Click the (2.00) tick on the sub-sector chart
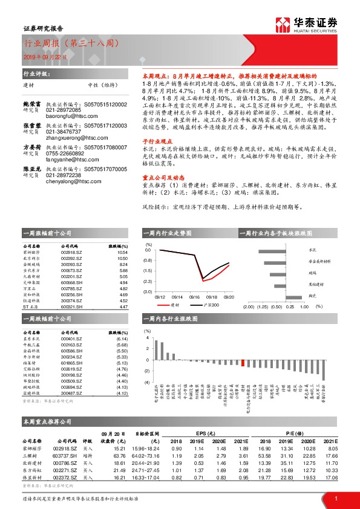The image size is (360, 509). coord(247,306)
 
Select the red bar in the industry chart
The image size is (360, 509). coord(243,362)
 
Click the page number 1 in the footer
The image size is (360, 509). coord(336,498)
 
